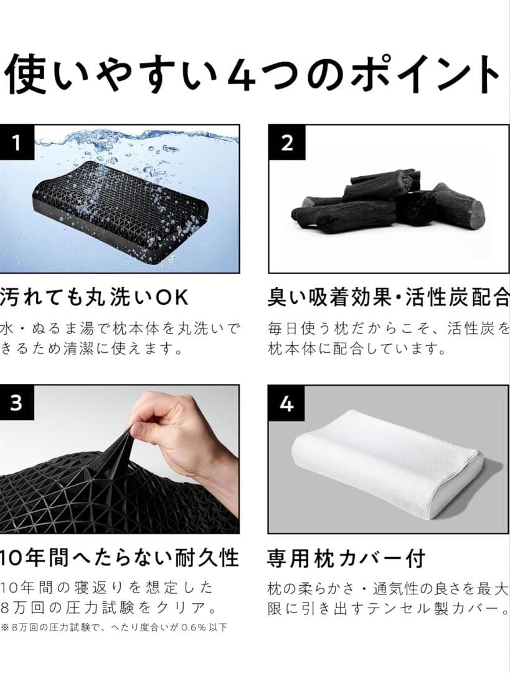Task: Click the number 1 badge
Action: tap(16, 144)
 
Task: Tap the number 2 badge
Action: tap(287, 144)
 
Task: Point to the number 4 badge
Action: tap(287, 404)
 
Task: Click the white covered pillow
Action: tap(386, 461)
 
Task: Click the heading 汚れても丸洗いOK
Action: tap(93, 298)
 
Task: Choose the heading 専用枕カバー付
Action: tap(346, 558)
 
